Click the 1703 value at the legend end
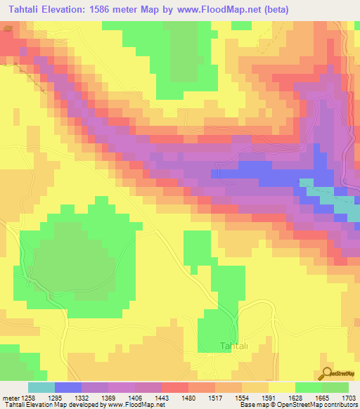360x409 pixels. pyautogui.click(x=349, y=398)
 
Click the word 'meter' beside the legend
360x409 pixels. pyautogui.click(x=10, y=398)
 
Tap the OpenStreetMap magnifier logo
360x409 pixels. pyautogui.click(x=326, y=373)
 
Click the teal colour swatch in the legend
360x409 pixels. pyautogui.click(x=41, y=387)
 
